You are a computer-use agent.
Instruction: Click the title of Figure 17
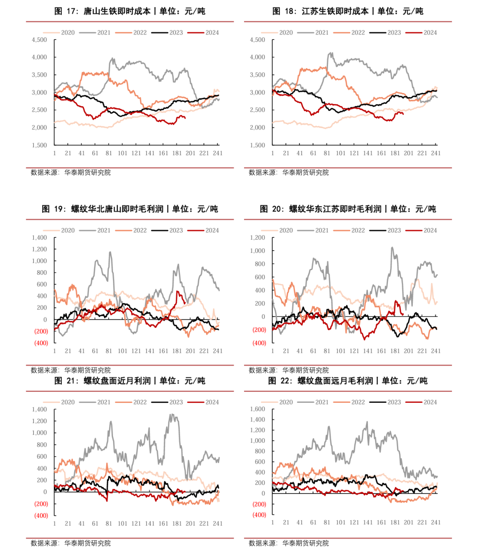[130, 11]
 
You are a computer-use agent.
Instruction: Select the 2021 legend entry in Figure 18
[321, 33]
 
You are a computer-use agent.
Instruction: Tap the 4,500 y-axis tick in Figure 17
[39, 40]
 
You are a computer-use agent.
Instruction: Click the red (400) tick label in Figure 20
[259, 343]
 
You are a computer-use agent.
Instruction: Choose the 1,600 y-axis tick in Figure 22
[258, 409]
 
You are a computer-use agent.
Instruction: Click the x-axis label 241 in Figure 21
[218, 523]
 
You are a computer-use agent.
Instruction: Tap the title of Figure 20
[348, 209]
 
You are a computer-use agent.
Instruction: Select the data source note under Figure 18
[289, 173]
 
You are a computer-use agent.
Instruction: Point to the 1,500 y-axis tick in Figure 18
[258, 145]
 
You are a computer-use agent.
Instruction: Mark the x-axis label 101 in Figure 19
[122, 351]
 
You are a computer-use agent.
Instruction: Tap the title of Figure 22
[348, 381]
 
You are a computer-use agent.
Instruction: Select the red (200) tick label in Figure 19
[41, 331]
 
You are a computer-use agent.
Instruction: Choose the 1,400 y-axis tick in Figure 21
[39, 410]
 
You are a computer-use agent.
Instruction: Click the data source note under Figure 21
[71, 543]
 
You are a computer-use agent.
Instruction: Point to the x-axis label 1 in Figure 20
[273, 351]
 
